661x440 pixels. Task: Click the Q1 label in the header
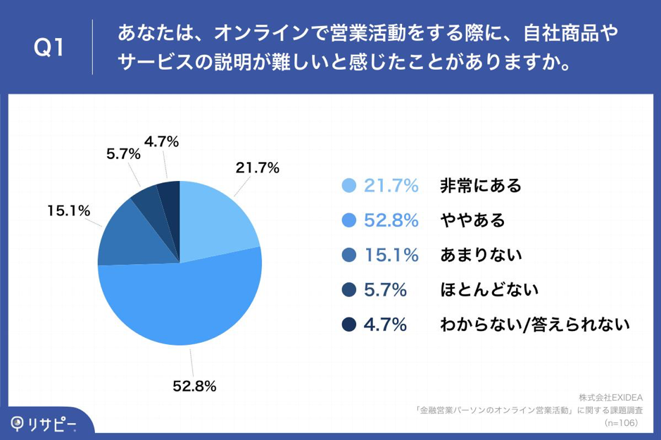pos(50,47)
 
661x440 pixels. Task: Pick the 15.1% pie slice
pos(123,236)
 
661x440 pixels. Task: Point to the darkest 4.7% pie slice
pos(170,196)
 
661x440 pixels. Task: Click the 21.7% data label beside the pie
pos(258,168)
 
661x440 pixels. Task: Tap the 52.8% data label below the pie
pos(194,386)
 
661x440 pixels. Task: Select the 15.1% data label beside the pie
pos(68,210)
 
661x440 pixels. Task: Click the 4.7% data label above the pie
pos(161,142)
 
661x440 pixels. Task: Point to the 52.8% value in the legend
pos(391,220)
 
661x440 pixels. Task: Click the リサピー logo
pos(44,423)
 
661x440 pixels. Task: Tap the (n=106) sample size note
pos(621,423)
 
